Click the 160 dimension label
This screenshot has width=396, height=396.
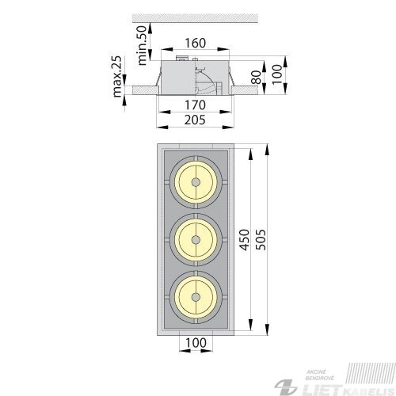pyautogui.click(x=195, y=43)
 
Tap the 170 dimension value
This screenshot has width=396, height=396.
pyautogui.click(x=195, y=105)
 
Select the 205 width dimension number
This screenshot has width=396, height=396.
pyautogui.click(x=195, y=120)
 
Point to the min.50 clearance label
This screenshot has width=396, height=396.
pyautogui.click(x=142, y=45)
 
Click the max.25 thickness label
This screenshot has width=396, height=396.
pyautogui.click(x=117, y=77)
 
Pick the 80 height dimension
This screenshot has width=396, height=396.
pyautogui.click(x=256, y=78)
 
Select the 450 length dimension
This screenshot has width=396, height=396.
pyautogui.click(x=245, y=240)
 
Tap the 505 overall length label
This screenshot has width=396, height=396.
pyautogui.click(x=261, y=240)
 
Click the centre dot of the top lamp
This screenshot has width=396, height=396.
pyautogui.click(x=196, y=182)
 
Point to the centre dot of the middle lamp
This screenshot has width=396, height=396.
pyautogui.click(x=196, y=240)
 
